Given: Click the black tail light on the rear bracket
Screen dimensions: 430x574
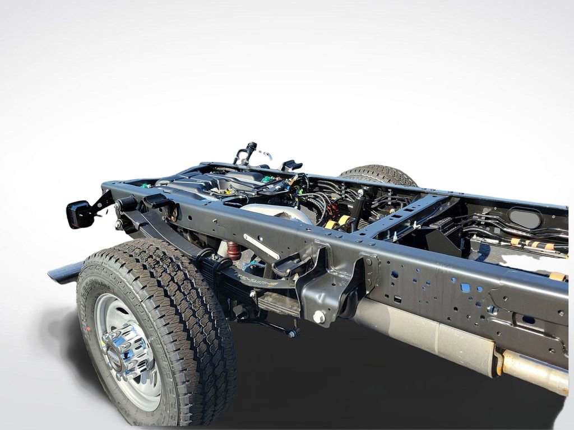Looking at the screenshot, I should coord(80,214).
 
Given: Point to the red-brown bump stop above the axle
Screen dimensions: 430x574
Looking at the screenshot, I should coord(234,250).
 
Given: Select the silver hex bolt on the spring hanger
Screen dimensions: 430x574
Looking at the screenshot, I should coord(319,317).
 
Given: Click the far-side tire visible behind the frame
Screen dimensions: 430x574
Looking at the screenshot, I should coord(378,175).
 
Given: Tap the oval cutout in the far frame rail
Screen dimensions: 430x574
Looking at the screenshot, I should coord(525,218).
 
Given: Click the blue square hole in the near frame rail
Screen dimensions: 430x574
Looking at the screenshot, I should coord(465,287).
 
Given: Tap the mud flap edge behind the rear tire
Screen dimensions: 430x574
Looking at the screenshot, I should coord(64,273).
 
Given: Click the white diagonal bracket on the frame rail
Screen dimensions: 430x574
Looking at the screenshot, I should coord(261,246).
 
